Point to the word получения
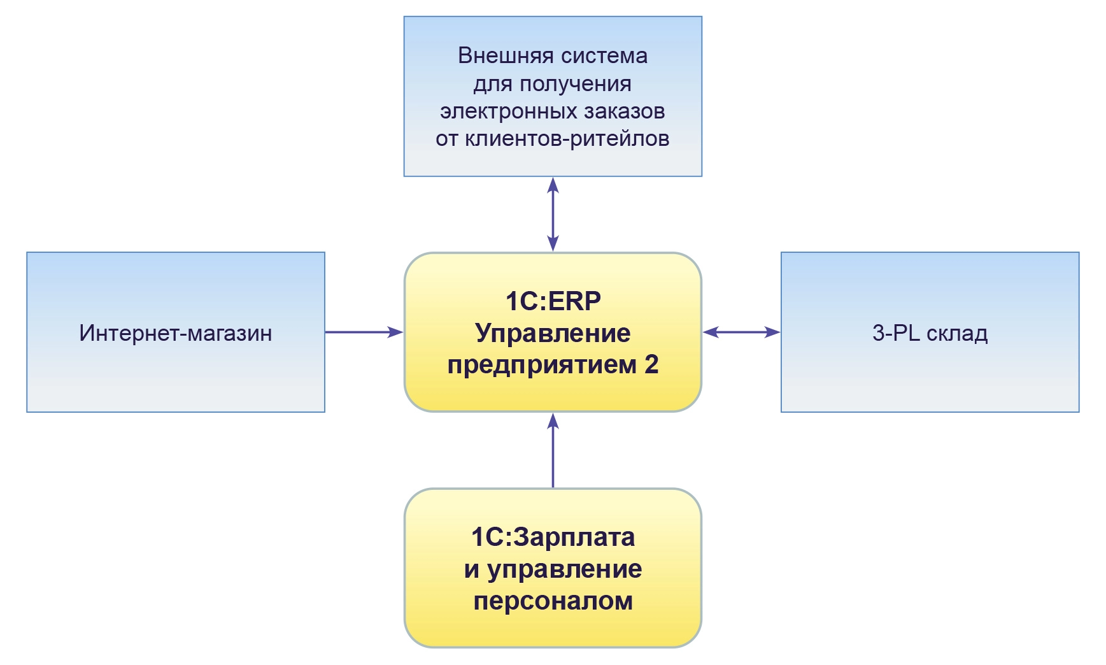576,84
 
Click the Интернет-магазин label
176,333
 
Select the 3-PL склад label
930,333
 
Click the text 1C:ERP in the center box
553,301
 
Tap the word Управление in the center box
553,333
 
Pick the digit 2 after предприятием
651,365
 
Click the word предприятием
542,365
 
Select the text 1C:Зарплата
553,538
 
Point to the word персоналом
553,601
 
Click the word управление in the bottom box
564,569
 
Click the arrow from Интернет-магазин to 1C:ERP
364,332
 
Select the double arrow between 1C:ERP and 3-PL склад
741,332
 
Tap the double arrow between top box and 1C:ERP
553,214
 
